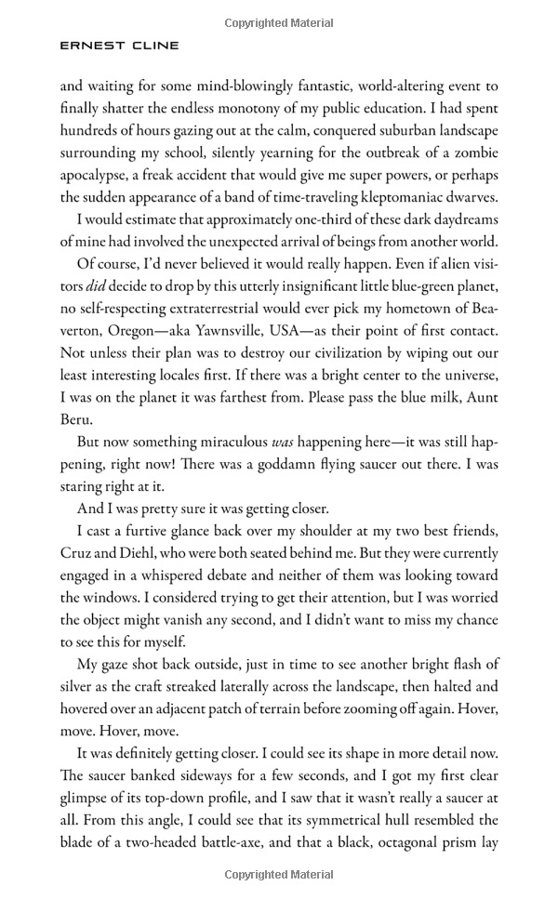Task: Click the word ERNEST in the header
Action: (x=83, y=45)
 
